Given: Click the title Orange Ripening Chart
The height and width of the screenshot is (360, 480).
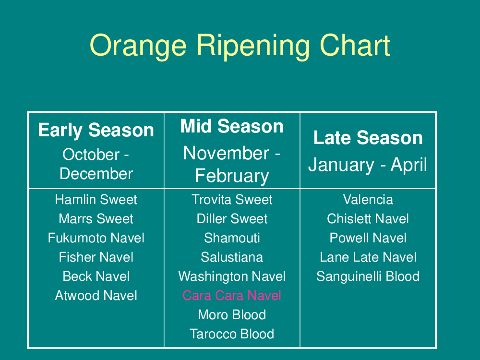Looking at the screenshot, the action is tap(240, 46).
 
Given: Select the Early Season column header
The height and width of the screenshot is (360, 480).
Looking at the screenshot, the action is tap(96, 130).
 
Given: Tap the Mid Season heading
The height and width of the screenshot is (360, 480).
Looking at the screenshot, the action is tap(232, 126).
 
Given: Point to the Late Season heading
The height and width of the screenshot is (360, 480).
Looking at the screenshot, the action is tap(368, 137).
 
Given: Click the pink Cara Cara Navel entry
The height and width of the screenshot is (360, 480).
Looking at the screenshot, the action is tap(232, 295).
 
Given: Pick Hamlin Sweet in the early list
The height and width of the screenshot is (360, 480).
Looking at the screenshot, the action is tap(96, 200).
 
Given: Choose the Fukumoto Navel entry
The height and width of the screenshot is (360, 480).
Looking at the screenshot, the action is tap(96, 238).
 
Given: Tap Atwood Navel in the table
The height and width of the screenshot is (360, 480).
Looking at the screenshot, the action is tap(96, 295).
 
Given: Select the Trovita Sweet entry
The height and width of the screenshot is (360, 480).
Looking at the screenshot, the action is tap(232, 200).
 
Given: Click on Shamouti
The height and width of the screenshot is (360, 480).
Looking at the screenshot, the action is tap(232, 238).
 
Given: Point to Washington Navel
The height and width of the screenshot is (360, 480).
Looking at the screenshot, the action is tap(232, 276).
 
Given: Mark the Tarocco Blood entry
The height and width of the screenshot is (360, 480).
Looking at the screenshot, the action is tap(232, 334).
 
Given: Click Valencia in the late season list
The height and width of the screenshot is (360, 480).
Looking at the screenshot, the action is tap(368, 200).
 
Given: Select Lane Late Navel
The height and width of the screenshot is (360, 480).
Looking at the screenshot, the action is tap(368, 257).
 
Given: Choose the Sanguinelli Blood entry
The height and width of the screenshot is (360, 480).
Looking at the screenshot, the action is tap(368, 276).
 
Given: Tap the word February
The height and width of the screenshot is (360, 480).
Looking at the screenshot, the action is tap(232, 176).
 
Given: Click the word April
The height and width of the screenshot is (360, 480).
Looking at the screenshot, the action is tap(408, 165).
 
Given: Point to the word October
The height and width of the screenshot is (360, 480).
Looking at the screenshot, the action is tap(91, 154).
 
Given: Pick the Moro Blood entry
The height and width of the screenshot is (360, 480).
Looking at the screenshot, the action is tap(232, 315).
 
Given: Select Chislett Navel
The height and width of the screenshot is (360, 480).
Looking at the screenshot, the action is tap(368, 218).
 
